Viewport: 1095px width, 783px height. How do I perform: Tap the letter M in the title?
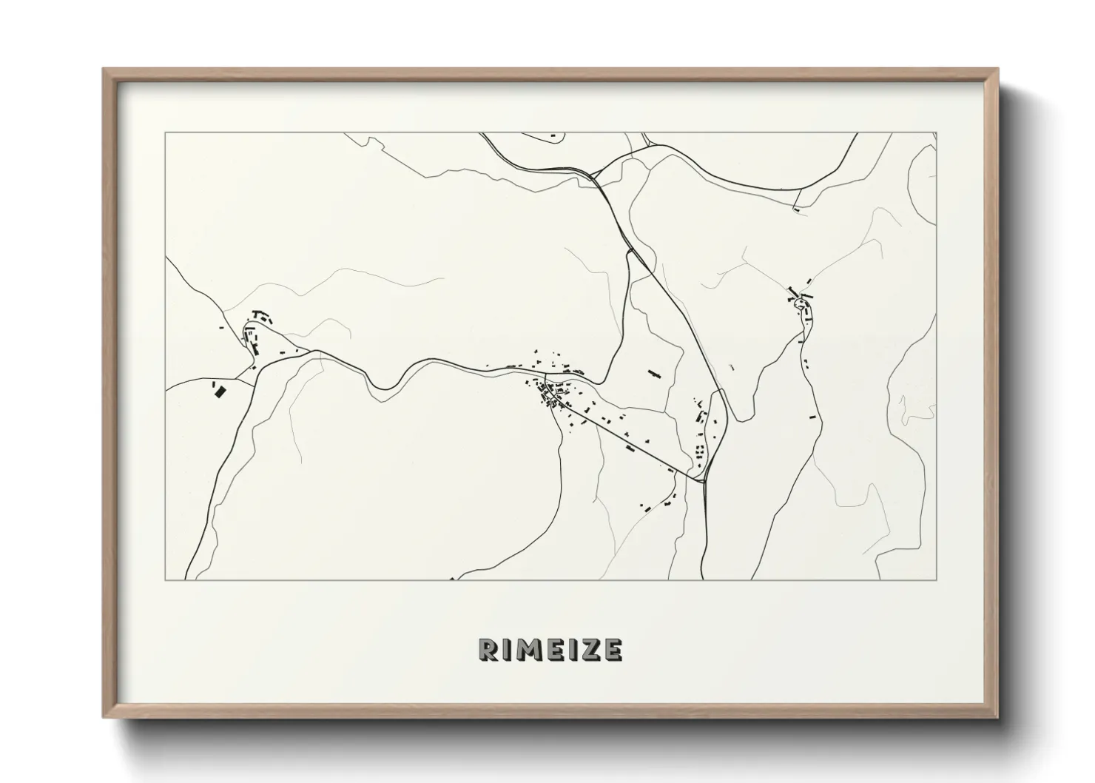click(x=530, y=649)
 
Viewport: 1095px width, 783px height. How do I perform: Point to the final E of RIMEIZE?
click(x=612, y=649)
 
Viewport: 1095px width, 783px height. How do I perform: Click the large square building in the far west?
click(x=219, y=390)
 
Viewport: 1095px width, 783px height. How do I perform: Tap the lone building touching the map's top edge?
click(x=553, y=135)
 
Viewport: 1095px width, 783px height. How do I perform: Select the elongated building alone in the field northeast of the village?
click(x=653, y=374)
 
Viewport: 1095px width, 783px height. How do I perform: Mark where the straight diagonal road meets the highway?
click(x=704, y=482)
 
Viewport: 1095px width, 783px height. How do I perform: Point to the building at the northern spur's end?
click(x=796, y=209)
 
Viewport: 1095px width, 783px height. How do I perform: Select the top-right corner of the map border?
click(x=936, y=133)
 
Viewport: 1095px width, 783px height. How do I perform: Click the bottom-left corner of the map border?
click(x=166, y=579)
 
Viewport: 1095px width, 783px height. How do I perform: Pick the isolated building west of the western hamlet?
click(x=220, y=327)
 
